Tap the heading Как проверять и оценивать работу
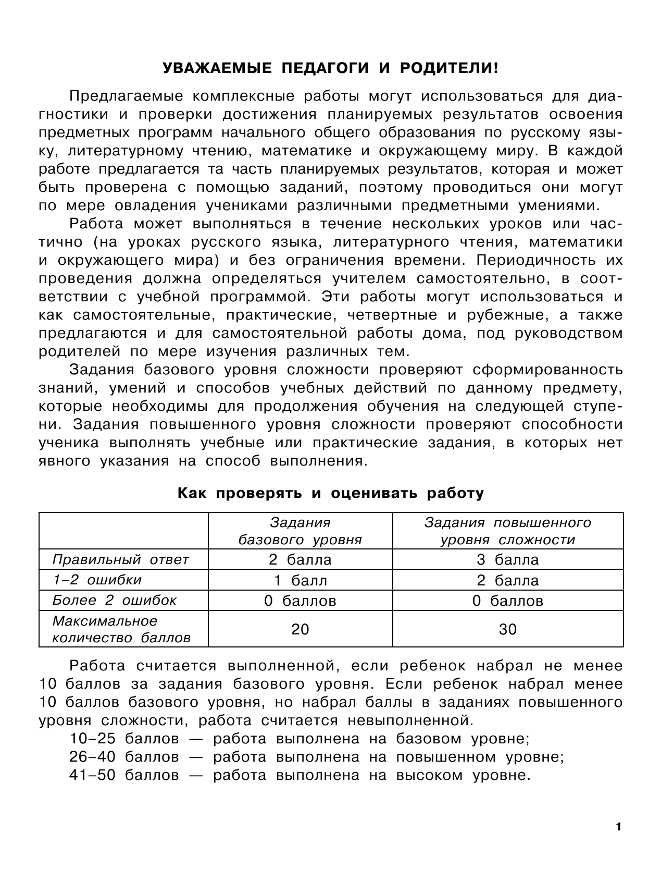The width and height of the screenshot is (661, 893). pos(331,493)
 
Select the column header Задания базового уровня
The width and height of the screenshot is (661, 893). pos(300,531)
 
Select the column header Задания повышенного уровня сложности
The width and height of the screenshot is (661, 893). pos(508,531)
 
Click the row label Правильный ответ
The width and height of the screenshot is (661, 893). pos(121,560)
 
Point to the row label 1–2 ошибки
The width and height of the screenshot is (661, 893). pos(97,580)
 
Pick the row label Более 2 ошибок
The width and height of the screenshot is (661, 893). pos(115,601)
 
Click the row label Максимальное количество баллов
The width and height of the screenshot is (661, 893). pos(121,629)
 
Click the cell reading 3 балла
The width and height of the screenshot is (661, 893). pos(508,560)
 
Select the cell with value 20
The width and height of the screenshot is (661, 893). pos(301,629)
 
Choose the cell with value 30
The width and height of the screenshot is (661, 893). pos(508,629)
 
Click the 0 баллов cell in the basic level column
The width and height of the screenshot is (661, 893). pos(301,601)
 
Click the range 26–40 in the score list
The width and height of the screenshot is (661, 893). pos(92,757)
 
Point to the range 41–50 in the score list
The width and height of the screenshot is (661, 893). pos(92,775)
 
